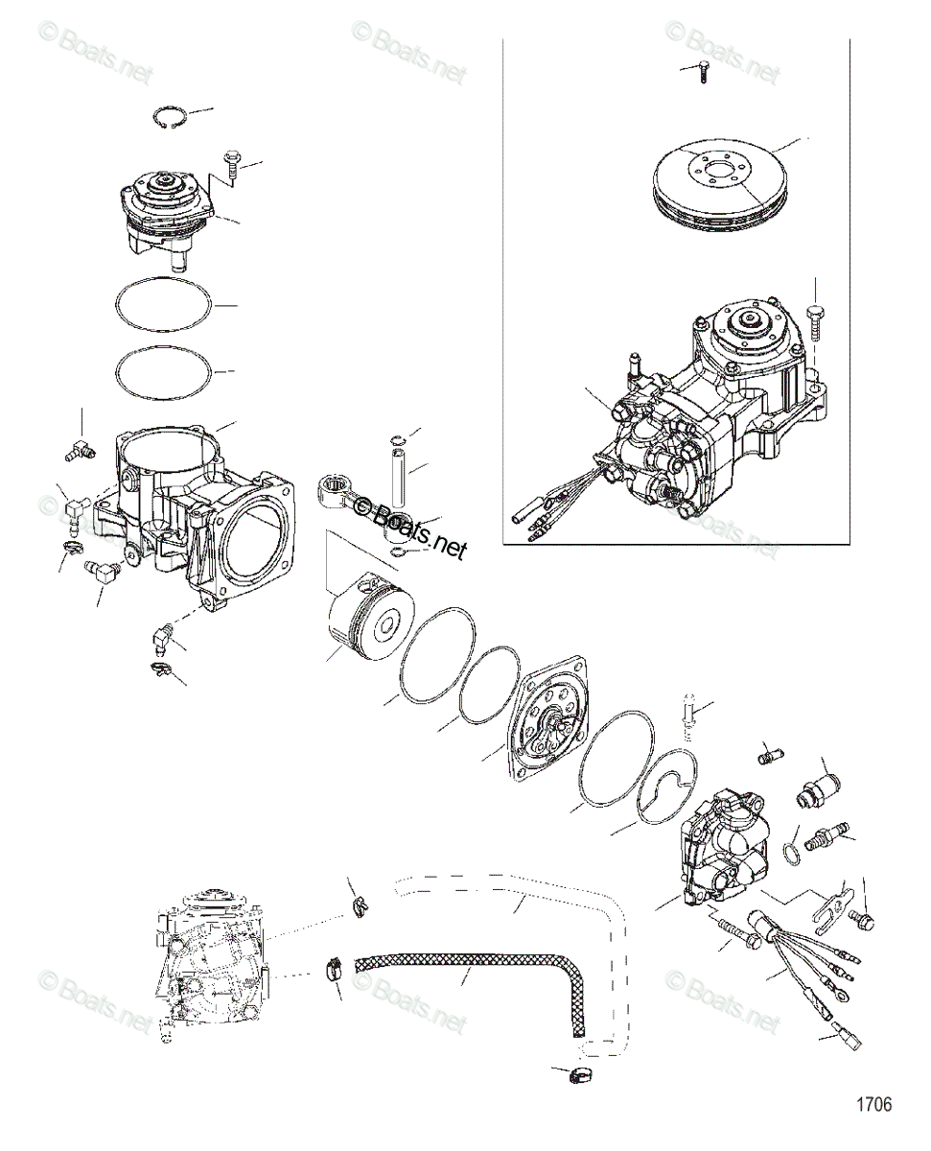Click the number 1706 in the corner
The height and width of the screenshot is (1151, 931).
(x=873, y=1104)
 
